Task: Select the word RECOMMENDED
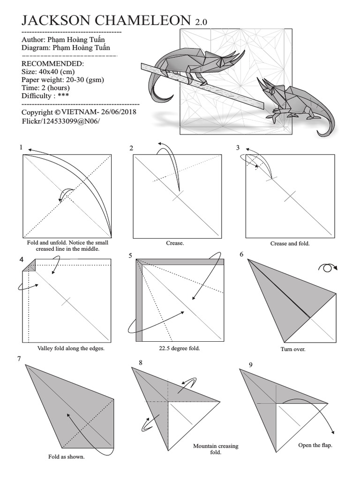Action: tap(53, 64)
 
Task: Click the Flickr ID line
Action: tap(61, 121)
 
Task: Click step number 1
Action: tap(21, 147)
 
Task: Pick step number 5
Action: tap(131, 255)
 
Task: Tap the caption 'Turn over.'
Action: tap(293, 349)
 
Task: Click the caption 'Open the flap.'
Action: tap(315, 445)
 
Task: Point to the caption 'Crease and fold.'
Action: tap(290, 244)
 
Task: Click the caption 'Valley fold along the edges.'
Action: tap(71, 348)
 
